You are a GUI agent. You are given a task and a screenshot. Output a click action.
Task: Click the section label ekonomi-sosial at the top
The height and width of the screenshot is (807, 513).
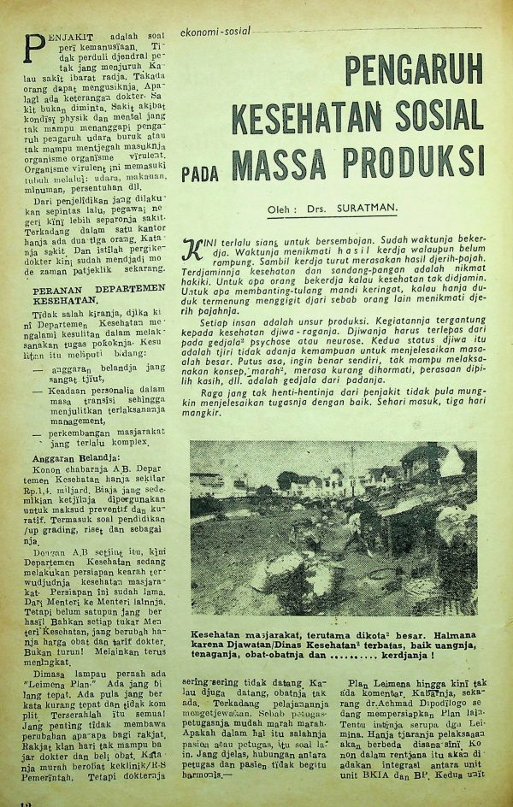pos(215,32)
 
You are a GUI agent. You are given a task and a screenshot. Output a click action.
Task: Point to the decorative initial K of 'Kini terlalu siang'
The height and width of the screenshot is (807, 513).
pos(192,248)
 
